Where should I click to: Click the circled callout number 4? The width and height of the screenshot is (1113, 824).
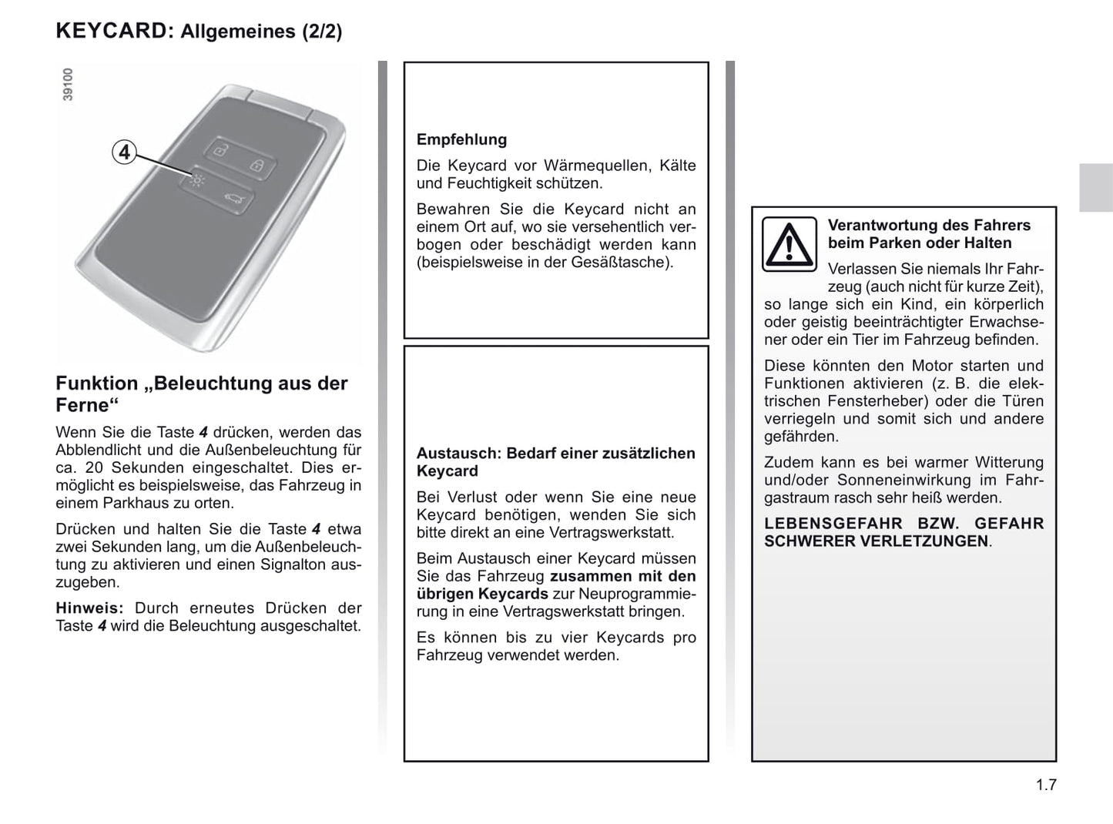(x=124, y=152)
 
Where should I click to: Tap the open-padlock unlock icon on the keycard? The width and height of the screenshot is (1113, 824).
(x=220, y=150)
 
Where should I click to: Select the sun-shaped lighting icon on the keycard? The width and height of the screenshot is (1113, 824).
(x=198, y=182)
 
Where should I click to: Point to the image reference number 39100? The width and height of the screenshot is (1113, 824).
(x=68, y=85)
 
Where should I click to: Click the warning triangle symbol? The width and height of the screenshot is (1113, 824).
(x=789, y=245)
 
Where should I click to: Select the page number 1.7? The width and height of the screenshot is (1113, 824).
(x=1046, y=785)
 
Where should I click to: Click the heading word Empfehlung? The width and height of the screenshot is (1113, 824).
(x=461, y=139)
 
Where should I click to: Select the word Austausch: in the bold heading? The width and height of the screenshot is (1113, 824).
(x=458, y=454)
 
